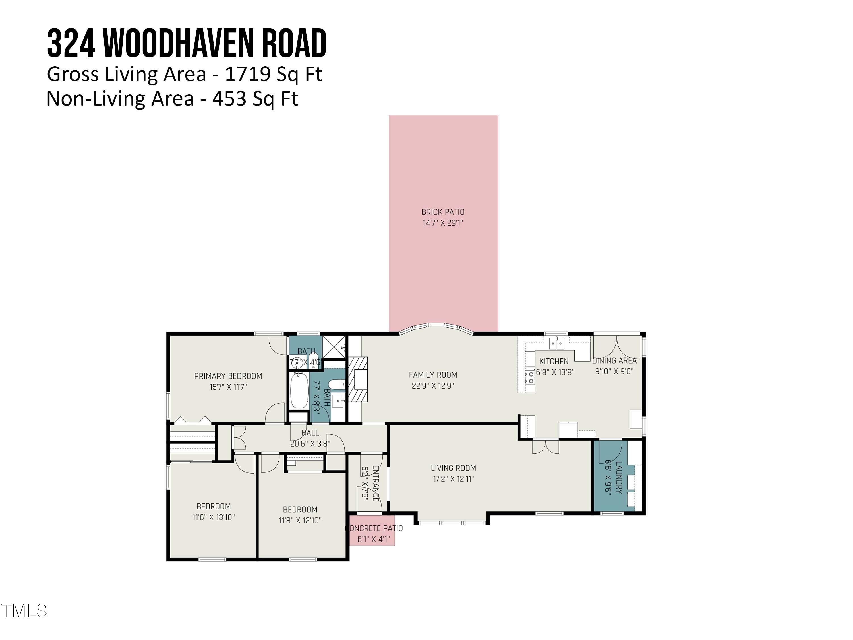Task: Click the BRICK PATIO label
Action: coord(443,212)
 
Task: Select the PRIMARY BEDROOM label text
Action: coord(228,376)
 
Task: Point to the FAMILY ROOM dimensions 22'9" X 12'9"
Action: coord(433,385)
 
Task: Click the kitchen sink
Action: coord(556,342)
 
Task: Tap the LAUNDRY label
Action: coord(618,477)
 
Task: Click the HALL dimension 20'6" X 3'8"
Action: coord(310,444)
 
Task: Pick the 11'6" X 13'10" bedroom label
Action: coord(213,517)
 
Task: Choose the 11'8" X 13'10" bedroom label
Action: coord(300,520)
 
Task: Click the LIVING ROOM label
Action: coord(453,468)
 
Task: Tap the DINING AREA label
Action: coord(614,360)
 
